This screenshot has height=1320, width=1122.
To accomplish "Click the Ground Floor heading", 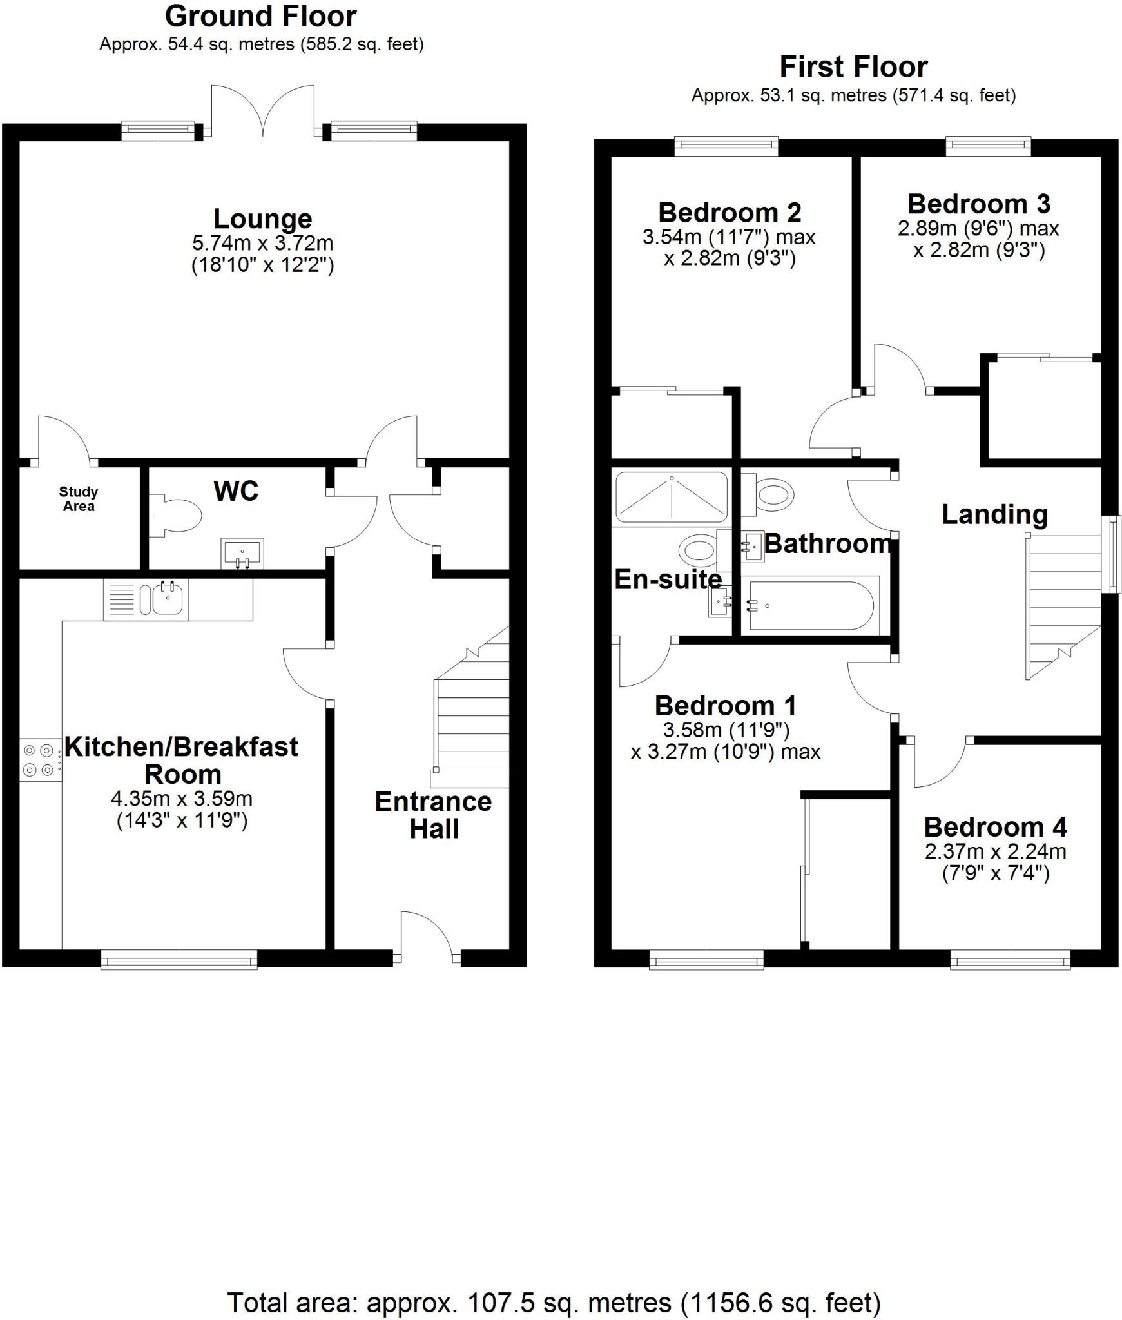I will point(260,17).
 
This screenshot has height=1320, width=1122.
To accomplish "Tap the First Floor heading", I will point(853,67).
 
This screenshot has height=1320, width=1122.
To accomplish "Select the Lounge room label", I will point(262,219).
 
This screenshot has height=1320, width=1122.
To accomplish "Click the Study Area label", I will point(79,500).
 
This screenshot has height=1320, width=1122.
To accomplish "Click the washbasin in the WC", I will point(242,553).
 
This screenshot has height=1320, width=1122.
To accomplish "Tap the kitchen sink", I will point(168,599).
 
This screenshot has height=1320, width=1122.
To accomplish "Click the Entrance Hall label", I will point(433,815).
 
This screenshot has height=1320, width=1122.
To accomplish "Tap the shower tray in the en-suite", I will point(672,497).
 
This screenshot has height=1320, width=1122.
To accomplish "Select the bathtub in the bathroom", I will point(809,606).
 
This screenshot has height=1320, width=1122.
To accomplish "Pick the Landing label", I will point(994,514).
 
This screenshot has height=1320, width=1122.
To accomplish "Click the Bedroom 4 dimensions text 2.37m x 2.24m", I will point(996,851).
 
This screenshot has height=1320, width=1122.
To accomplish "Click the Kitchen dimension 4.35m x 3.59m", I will point(182,799).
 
